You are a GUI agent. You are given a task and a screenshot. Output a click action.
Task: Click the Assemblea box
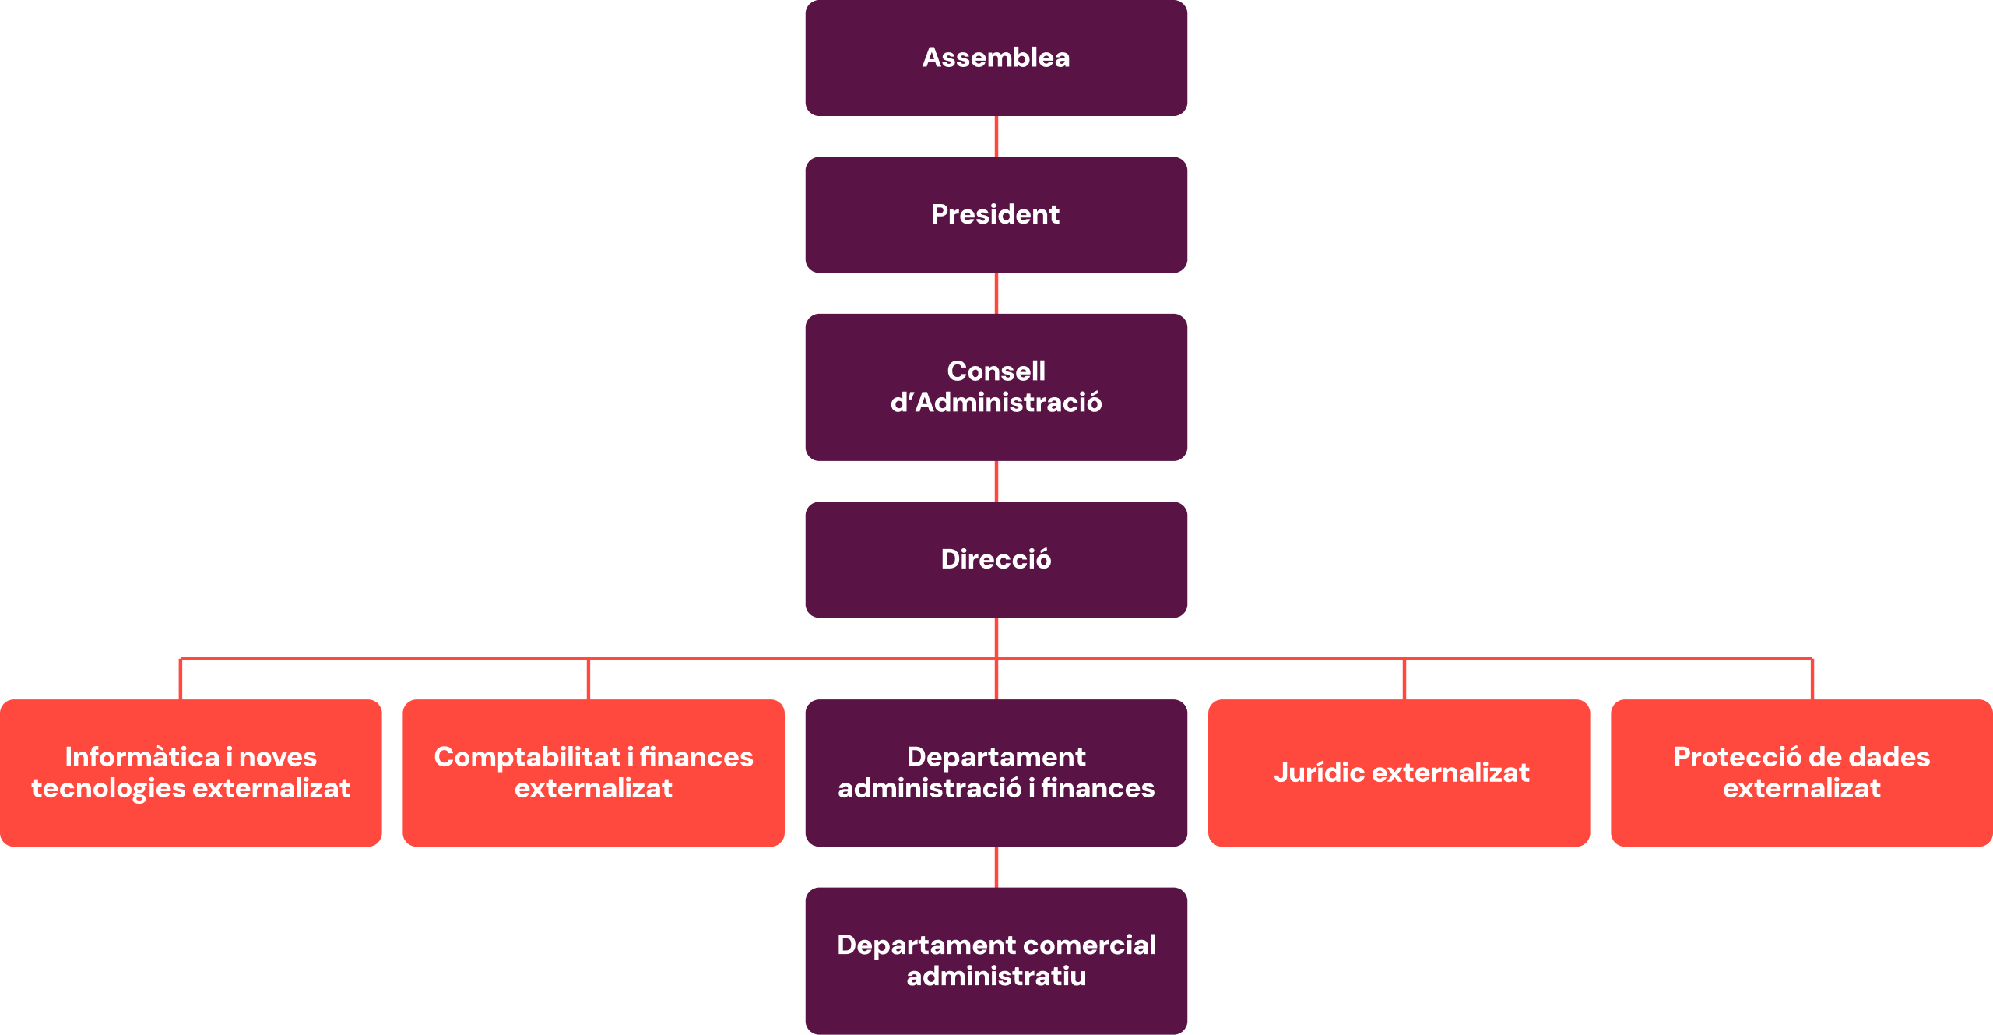[996, 58]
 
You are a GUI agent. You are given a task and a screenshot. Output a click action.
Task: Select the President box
[996, 215]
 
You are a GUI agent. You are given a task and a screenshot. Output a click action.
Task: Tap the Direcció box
[996, 559]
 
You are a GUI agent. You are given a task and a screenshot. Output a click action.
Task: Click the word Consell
[996, 371]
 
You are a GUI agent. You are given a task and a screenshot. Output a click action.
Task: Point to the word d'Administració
[996, 403]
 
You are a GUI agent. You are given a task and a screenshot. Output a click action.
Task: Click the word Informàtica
[142, 757]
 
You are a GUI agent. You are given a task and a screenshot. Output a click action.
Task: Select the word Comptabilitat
[527, 757]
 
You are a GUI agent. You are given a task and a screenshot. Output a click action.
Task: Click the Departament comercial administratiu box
[996, 960]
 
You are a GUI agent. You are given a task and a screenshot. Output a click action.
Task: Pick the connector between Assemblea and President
[996, 136]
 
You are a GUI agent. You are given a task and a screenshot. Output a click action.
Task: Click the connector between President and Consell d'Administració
[996, 294]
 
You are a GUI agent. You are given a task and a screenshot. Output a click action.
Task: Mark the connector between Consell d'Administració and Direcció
[996, 481]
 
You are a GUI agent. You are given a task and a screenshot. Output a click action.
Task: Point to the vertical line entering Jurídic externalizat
[1404, 679]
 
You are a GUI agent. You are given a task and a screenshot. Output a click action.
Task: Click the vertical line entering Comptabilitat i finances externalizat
[589, 679]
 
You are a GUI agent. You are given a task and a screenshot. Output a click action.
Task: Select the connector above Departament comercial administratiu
[996, 867]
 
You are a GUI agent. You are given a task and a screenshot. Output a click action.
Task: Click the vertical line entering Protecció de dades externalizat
[1812, 679]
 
